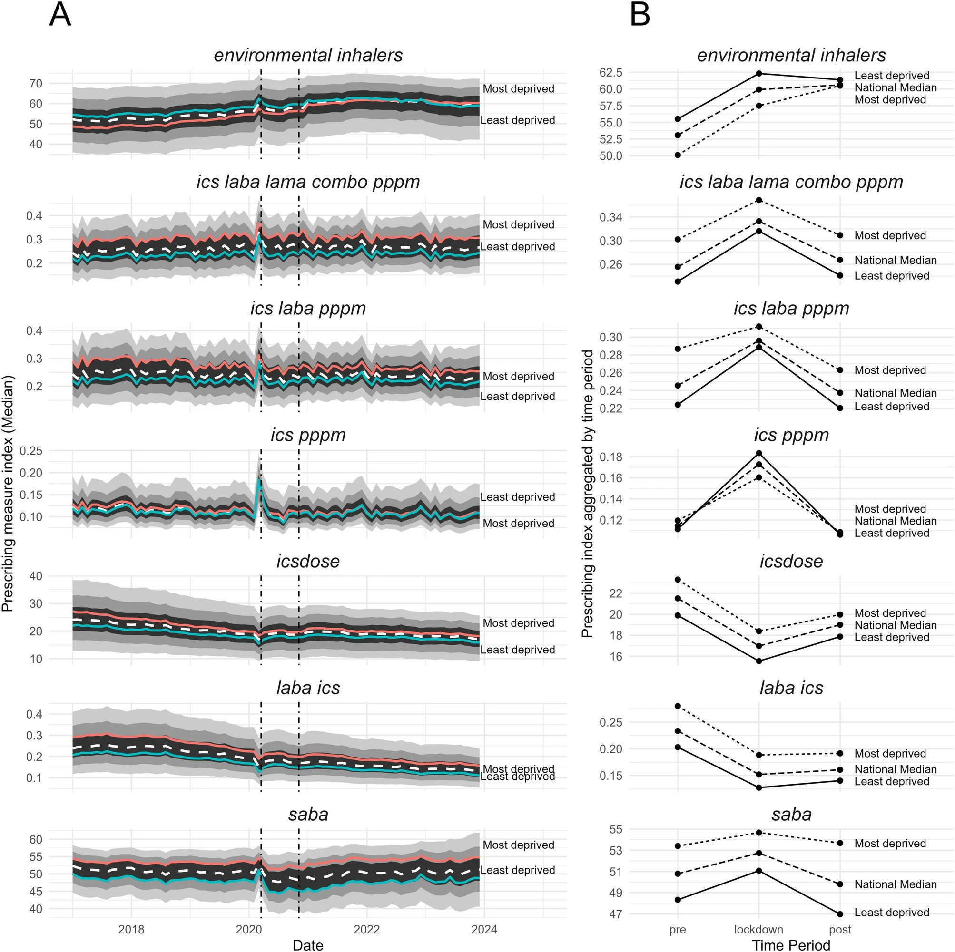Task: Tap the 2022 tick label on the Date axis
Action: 366,929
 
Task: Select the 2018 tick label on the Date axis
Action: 131,929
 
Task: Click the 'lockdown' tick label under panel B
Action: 758,929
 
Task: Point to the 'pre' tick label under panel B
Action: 677,929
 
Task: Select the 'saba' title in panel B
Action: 791,814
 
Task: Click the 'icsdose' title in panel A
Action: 307,561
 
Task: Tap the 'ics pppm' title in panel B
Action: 791,435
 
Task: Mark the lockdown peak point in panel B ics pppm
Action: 759,453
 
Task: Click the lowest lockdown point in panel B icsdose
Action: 759,661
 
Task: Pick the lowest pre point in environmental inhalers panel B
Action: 678,155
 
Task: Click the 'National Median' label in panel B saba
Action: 895,884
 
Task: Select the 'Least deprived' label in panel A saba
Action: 518,870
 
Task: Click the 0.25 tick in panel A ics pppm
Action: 30,450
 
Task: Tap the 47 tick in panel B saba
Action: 615,914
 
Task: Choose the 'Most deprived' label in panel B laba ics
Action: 890,753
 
